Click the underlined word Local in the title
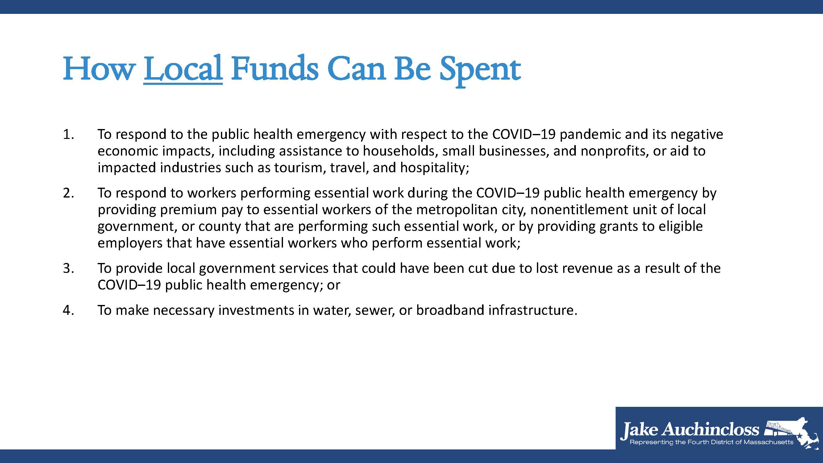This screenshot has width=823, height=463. (x=183, y=69)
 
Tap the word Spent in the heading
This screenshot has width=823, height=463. (x=480, y=71)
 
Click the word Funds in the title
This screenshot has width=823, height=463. (x=275, y=69)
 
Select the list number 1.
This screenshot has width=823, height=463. (x=69, y=135)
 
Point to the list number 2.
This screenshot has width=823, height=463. (x=69, y=193)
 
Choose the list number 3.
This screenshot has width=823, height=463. (x=69, y=268)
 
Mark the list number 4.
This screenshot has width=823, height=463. (x=69, y=310)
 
